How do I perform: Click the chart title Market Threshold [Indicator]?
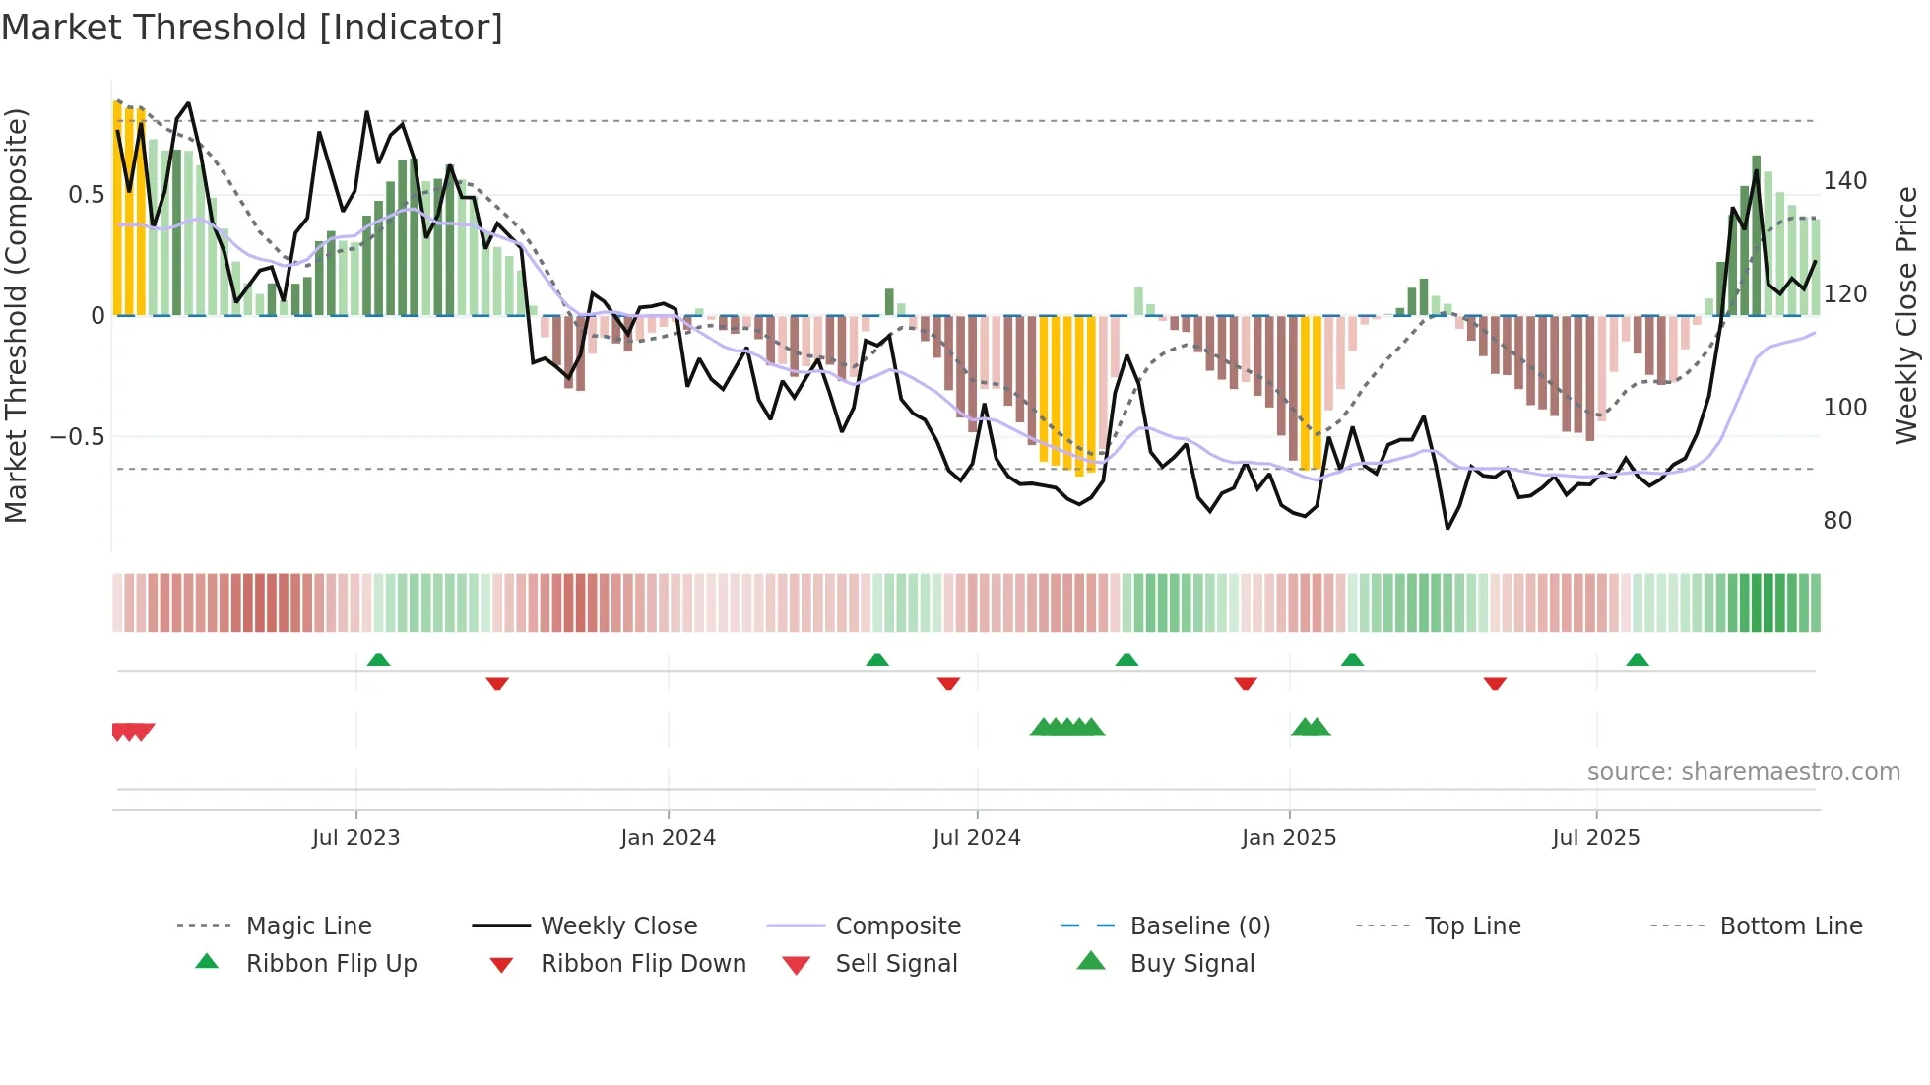point(252,28)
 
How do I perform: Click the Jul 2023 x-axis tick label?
point(355,838)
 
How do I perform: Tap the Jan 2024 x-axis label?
point(668,838)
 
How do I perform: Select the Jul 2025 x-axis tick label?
point(1595,838)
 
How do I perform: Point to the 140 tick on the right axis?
point(1844,181)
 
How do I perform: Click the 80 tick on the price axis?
point(1837,521)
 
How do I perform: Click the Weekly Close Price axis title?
point(1906,315)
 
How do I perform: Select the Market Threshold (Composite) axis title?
point(16,315)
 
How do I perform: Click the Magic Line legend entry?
point(308,926)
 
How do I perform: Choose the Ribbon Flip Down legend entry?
point(642,964)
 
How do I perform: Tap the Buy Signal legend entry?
point(1191,964)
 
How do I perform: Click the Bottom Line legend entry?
point(1790,926)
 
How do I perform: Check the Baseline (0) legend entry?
point(1199,926)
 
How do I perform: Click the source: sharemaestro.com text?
point(1743,772)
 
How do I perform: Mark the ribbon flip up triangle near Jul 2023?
point(378,660)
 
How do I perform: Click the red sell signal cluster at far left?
point(132,732)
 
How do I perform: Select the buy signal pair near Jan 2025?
point(1311,728)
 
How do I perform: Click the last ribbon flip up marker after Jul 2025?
point(1637,660)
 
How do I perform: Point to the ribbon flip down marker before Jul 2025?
point(1495,683)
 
